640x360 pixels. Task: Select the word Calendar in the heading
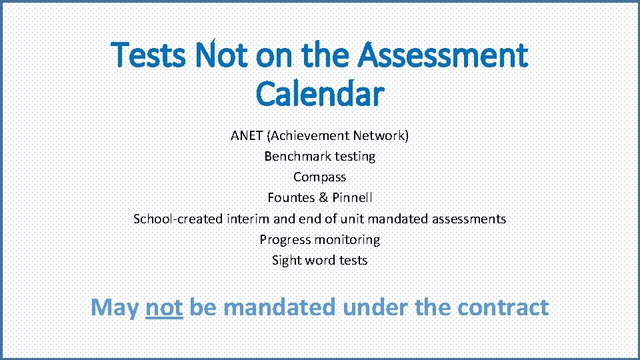click(320, 95)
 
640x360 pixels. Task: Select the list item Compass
click(320, 177)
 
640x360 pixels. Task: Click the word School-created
click(178, 219)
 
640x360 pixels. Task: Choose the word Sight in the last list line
click(285, 261)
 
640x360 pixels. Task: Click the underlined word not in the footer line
click(164, 307)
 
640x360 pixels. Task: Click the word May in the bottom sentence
click(115, 307)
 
